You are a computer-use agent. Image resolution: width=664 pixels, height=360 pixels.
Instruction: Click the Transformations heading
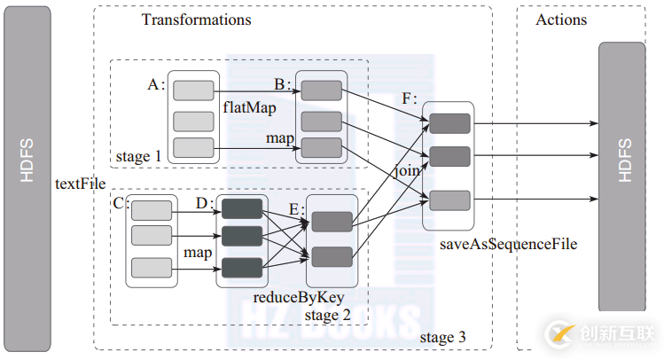[x=196, y=20]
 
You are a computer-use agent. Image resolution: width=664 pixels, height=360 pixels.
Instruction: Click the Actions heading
[x=561, y=20]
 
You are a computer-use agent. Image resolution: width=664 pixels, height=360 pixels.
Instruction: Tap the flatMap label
[x=250, y=107]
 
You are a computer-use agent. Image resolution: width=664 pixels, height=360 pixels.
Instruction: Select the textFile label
[x=80, y=184]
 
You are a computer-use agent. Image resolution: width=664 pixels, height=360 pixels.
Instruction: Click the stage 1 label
[x=138, y=157]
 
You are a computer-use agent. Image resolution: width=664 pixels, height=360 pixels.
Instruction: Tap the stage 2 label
[x=326, y=315]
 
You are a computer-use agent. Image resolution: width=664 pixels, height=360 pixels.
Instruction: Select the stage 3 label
[x=442, y=338]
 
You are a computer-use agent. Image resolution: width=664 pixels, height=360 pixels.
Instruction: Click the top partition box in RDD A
[x=193, y=90]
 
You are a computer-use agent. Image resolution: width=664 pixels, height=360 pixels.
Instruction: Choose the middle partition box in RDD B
[x=322, y=121]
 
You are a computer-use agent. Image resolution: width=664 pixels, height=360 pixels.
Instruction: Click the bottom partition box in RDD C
[x=152, y=267]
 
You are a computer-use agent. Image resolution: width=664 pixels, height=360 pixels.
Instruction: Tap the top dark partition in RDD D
[x=242, y=209]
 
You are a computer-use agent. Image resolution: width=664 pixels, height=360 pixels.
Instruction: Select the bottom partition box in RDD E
[x=332, y=256]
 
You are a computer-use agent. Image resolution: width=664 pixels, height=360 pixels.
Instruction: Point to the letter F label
[x=408, y=99]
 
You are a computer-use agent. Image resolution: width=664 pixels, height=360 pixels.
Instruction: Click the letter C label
[x=121, y=203]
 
